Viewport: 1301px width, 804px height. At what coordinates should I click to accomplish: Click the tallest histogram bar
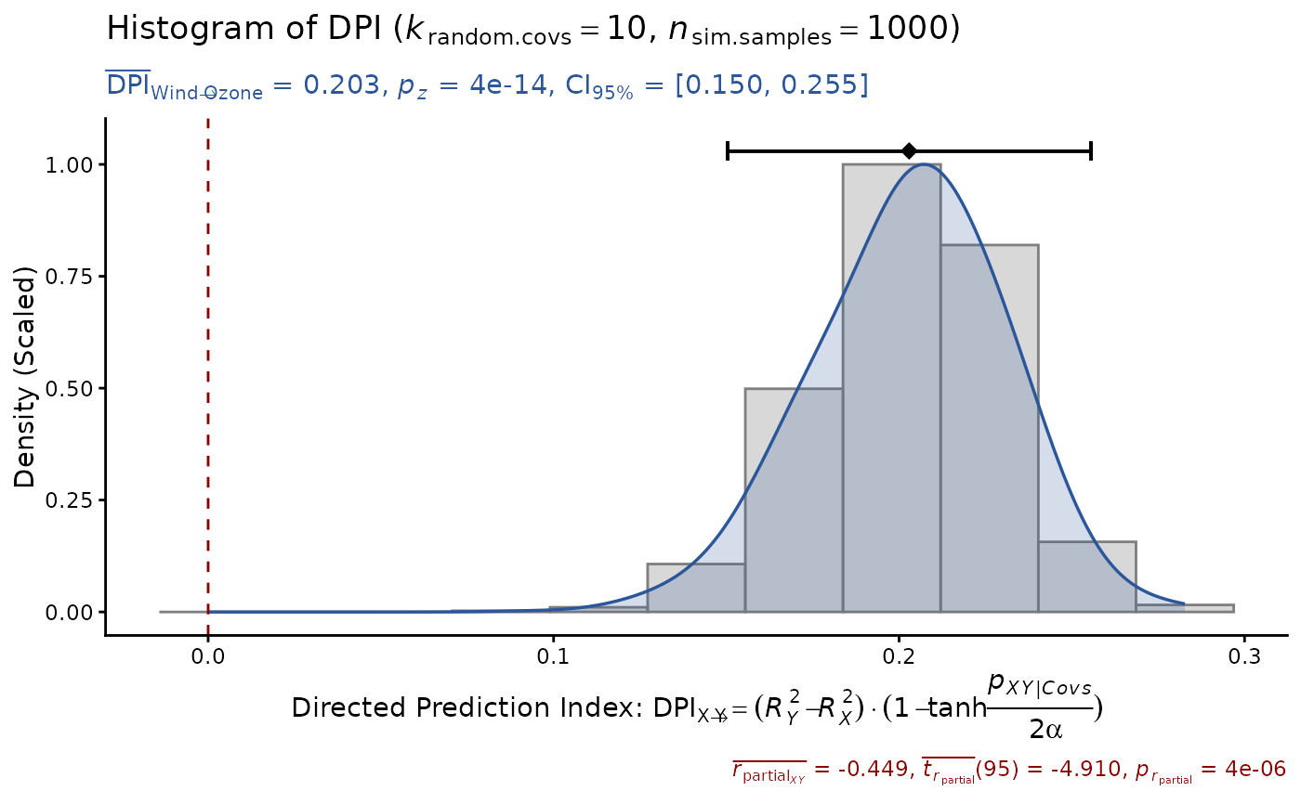tap(891, 390)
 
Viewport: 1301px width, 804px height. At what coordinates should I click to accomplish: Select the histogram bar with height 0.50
tap(794, 501)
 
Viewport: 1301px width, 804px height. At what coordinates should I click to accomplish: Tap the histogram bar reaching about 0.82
tap(989, 427)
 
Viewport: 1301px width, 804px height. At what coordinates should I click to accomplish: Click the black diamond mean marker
tap(909, 150)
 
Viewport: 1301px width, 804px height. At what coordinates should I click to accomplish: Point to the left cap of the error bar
tap(728, 150)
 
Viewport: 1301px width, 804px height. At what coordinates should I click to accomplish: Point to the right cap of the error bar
tap(1090, 150)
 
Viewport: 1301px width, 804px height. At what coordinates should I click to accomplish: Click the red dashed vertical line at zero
tap(208, 371)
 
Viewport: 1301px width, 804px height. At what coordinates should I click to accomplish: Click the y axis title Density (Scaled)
tap(25, 377)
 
